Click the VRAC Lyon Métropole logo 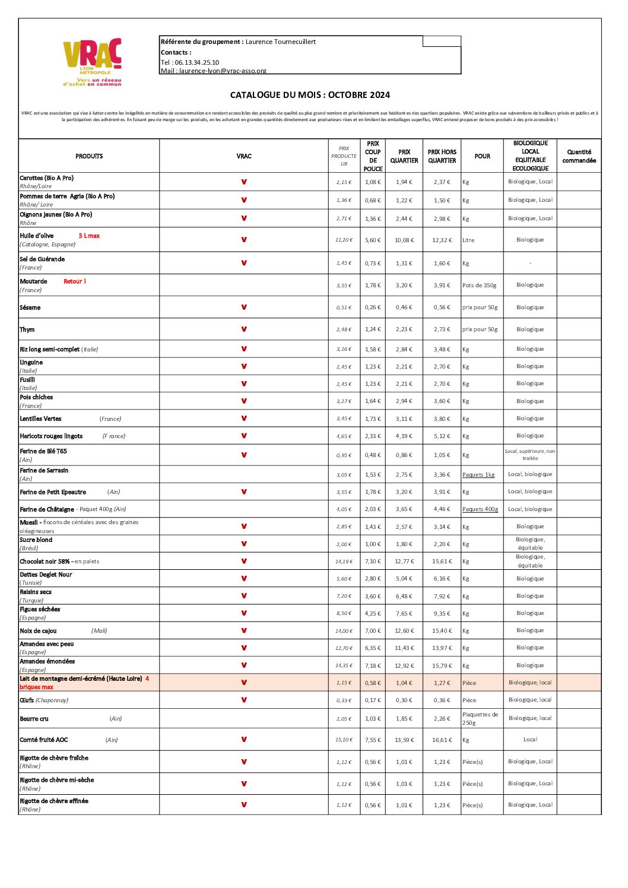(x=92, y=62)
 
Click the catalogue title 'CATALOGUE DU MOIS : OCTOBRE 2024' (x=310, y=95)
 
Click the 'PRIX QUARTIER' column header (x=404, y=156)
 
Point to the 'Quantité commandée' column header (x=579, y=156)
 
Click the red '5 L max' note (x=89, y=236)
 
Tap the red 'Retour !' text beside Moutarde (x=75, y=281)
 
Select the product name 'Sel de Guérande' (x=42, y=259)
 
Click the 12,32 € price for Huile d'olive (x=442, y=240)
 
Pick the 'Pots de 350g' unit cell (x=479, y=286)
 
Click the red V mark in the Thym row (x=244, y=329)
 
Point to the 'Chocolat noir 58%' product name (x=46, y=562)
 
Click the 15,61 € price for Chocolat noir (x=442, y=562)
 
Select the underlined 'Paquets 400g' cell (x=480, y=509)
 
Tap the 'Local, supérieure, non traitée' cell (x=530, y=455)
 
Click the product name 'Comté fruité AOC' (x=44, y=740)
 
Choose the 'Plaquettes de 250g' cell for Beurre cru (x=480, y=719)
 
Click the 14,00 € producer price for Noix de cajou (x=344, y=631)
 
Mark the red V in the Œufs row (x=244, y=700)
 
